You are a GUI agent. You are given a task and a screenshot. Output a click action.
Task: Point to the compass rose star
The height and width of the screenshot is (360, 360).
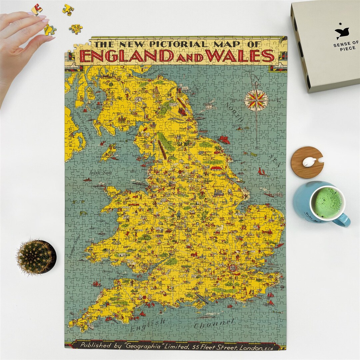(x=256, y=100)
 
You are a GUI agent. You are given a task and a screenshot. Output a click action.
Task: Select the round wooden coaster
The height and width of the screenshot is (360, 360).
(x=307, y=162)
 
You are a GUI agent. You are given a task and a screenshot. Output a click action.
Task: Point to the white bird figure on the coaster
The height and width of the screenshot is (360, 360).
(x=310, y=162)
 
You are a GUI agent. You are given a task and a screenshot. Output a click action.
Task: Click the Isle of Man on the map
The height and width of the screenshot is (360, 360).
(x=109, y=152)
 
